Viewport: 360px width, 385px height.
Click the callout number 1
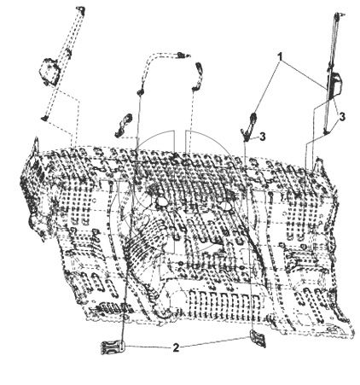click(x=281, y=57)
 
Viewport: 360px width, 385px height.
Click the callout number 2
click(x=176, y=347)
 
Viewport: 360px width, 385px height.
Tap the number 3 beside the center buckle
click(x=263, y=137)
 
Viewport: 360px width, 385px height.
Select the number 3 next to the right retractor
click(x=342, y=117)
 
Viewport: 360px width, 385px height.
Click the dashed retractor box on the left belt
click(x=49, y=71)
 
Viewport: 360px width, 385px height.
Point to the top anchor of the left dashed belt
click(x=81, y=9)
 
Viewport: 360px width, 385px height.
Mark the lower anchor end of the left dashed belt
click(x=44, y=118)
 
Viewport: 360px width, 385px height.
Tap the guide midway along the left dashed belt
click(x=68, y=53)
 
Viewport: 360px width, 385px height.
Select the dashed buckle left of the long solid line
click(x=123, y=125)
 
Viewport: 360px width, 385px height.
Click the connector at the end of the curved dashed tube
click(x=182, y=55)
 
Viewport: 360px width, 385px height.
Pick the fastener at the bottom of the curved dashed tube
click(x=140, y=91)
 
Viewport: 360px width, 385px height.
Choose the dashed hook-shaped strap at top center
click(x=197, y=76)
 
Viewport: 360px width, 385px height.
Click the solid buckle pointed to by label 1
click(x=249, y=125)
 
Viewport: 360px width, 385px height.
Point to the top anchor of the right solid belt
click(x=339, y=15)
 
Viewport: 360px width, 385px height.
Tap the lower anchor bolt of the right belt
click(x=326, y=131)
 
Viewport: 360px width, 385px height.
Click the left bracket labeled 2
click(x=113, y=347)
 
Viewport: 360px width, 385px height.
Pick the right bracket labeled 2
click(x=258, y=338)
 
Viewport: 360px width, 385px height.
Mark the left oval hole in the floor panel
click(x=162, y=202)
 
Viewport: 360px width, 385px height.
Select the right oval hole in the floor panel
click(x=224, y=204)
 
